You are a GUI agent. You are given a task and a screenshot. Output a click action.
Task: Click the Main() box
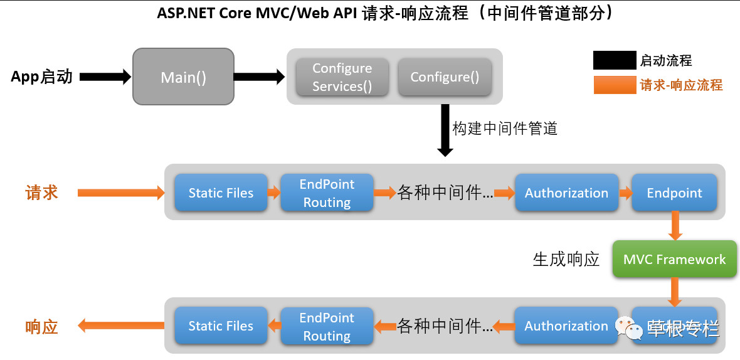183,78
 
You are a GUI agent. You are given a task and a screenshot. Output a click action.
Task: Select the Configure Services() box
342,77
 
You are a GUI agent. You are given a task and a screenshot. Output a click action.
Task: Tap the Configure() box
445,77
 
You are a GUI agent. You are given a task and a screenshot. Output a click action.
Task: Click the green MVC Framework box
674,260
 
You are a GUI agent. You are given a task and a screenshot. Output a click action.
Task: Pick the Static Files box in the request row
221,193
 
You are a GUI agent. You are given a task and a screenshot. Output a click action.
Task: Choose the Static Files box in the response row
221,326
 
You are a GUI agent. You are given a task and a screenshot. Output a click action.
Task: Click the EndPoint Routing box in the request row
327,193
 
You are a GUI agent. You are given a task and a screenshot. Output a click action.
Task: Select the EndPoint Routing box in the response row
327,326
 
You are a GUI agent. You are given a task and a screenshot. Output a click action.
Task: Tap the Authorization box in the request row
566,193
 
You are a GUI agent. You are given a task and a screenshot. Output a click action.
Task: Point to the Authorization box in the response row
566,326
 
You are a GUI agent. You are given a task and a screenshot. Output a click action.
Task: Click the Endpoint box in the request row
674,193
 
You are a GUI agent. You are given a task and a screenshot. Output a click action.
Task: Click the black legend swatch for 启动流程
615,61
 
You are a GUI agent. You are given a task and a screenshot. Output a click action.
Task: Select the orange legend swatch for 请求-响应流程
615,85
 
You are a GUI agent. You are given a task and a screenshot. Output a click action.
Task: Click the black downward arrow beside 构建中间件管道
445,132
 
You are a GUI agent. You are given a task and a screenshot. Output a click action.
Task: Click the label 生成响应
566,260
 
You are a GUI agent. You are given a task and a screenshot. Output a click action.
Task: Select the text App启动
41,77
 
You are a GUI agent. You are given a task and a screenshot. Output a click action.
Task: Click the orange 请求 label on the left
41,193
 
